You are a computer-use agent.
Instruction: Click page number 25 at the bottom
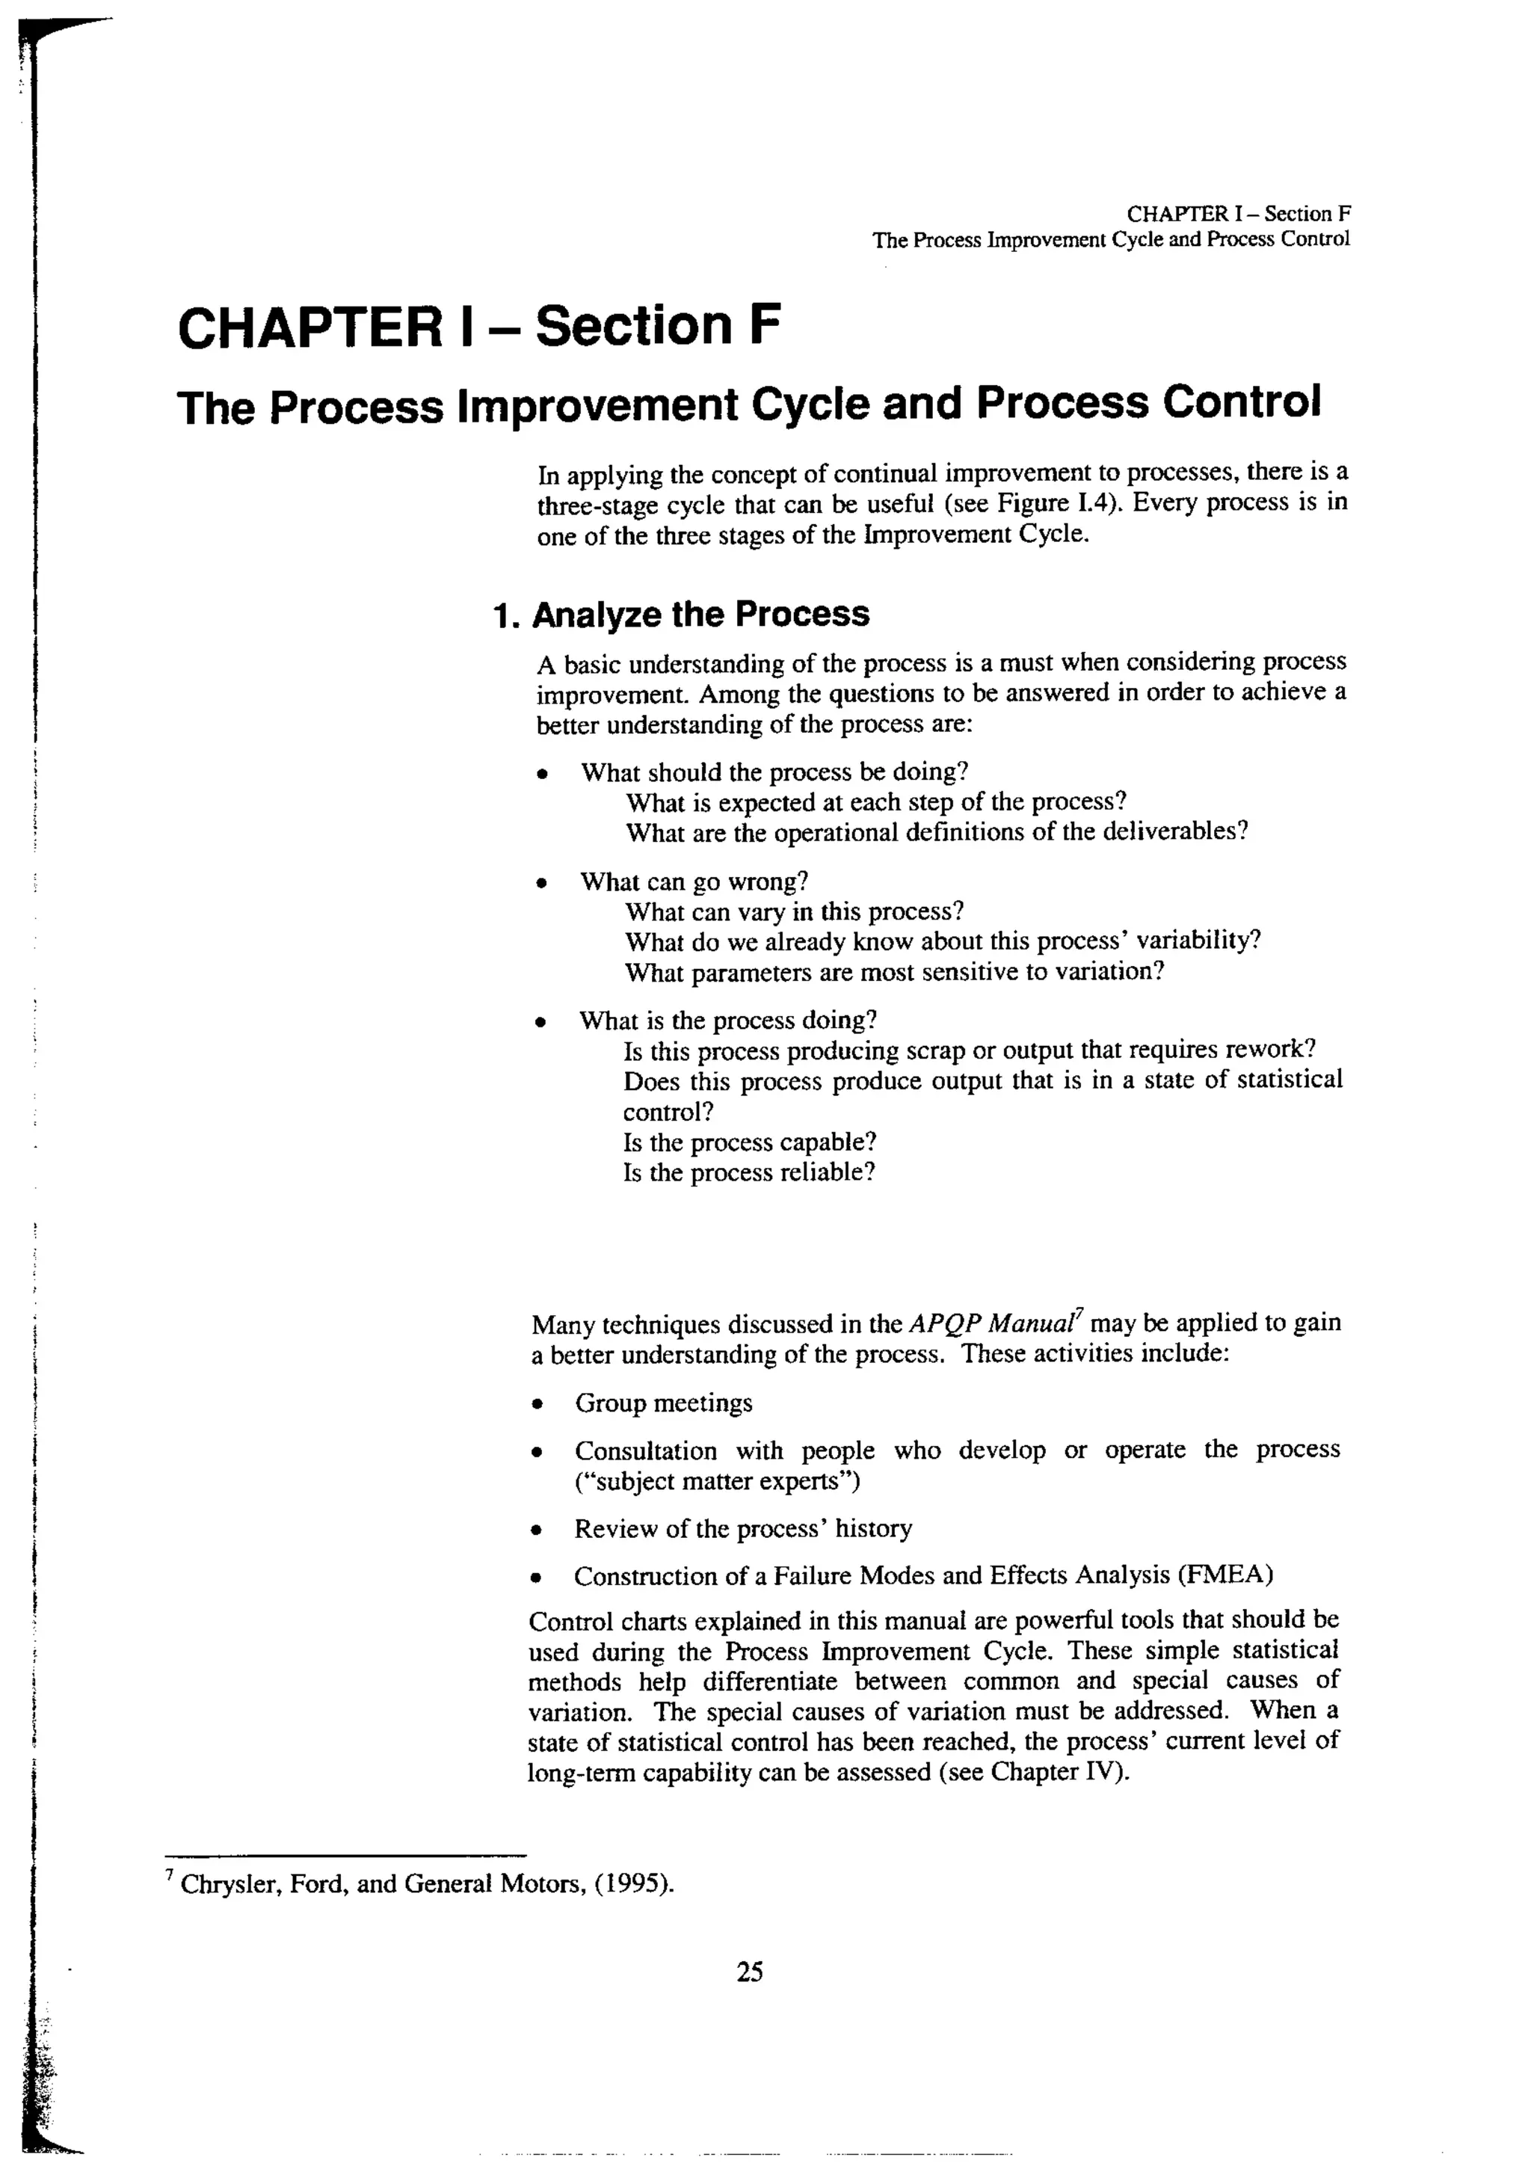click(x=750, y=1971)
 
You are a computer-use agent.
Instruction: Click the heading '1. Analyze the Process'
click(x=681, y=614)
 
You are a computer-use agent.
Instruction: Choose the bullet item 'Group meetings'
click(x=663, y=1403)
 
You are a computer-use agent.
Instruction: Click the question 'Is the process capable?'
click(x=750, y=1142)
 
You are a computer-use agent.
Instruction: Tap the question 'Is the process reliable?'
click(x=749, y=1172)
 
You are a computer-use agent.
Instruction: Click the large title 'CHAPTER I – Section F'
click(x=479, y=327)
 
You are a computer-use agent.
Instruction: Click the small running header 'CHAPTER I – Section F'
click(x=1238, y=214)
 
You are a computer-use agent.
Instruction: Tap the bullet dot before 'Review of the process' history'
click(x=537, y=1529)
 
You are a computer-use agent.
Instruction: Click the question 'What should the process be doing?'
click(x=774, y=772)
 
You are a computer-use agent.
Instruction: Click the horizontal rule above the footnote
click(x=345, y=1853)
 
